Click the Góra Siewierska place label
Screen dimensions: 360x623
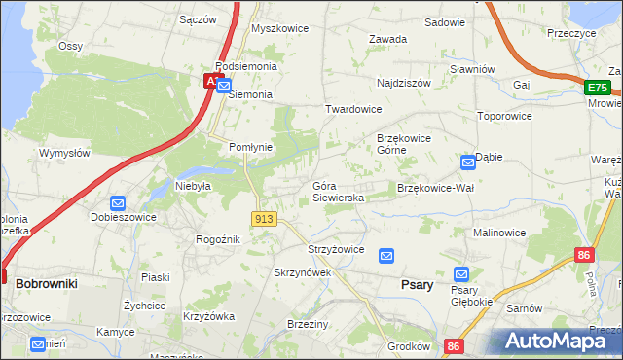tap(338, 191)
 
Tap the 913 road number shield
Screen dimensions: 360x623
tap(262, 220)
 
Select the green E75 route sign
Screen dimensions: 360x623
tap(598, 88)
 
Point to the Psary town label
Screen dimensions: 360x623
tap(417, 284)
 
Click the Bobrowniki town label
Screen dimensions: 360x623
tap(46, 282)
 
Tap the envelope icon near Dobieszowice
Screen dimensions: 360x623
tap(118, 203)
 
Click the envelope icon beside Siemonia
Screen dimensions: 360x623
tap(224, 86)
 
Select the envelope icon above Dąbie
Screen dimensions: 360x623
tap(468, 161)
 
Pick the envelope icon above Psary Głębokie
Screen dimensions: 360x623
tap(461, 274)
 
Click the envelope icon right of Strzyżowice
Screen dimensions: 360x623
tap(386, 255)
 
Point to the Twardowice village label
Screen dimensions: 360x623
tap(353, 110)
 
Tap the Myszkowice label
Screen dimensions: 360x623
tap(279, 28)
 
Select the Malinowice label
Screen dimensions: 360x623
tap(499, 234)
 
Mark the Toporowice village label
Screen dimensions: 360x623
tap(504, 115)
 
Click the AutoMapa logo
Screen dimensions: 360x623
tap(551, 342)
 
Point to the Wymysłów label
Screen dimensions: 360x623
tap(64, 153)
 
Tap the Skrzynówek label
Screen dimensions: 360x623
tap(303, 272)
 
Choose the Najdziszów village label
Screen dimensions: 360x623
tap(403, 84)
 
